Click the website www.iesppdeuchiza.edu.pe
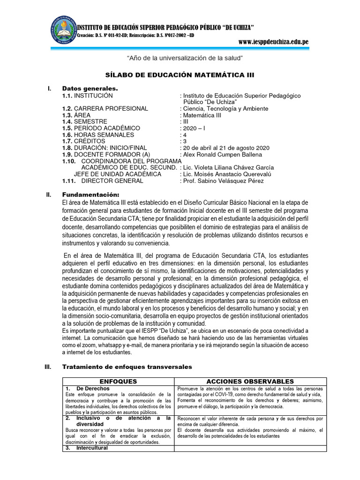click(x=273, y=42)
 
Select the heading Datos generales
click(x=90, y=89)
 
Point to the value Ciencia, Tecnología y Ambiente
click(x=225, y=108)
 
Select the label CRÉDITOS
click(x=90, y=141)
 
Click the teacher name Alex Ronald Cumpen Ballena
click(x=223, y=154)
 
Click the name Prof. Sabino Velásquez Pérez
click(x=223, y=180)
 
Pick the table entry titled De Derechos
click(x=93, y=389)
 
